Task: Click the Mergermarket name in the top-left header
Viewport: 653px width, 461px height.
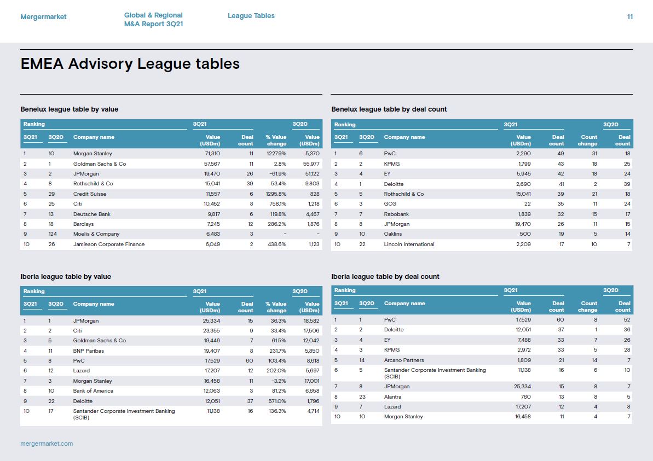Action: tap(43, 16)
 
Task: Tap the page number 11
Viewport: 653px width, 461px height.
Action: tap(629, 16)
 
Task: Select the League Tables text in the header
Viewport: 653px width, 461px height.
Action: tap(251, 16)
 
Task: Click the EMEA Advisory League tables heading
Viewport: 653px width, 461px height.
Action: tap(130, 63)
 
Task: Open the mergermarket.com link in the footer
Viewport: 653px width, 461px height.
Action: tap(47, 444)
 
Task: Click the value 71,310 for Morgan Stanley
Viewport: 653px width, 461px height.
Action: tap(212, 154)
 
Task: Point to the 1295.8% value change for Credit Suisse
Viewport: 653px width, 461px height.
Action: tap(276, 194)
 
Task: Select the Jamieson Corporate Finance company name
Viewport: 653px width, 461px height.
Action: tap(109, 244)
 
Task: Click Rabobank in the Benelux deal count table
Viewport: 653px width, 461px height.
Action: tap(396, 214)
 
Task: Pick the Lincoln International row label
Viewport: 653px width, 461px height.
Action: tap(409, 244)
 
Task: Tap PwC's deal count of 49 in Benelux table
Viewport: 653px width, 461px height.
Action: tap(560, 154)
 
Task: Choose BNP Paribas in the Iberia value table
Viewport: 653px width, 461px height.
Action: tap(89, 351)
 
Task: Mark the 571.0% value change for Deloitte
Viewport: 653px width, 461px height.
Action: tap(278, 401)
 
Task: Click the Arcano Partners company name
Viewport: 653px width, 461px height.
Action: tap(404, 360)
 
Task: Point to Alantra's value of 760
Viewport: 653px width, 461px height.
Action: tap(525, 397)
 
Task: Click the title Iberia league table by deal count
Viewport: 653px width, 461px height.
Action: tap(385, 277)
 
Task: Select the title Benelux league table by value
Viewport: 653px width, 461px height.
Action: tap(70, 109)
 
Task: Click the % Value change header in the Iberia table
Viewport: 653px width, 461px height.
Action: tap(276, 307)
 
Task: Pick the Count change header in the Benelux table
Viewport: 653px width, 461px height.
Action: tap(588, 140)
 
